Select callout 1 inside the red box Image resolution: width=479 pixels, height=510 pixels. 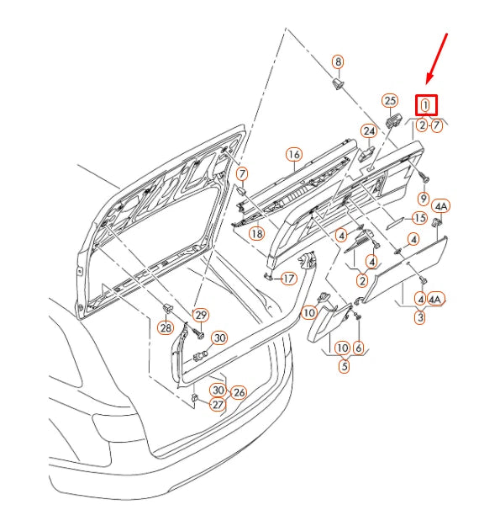click(426, 105)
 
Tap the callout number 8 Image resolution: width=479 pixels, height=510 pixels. click(338, 61)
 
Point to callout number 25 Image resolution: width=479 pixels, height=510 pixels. click(389, 99)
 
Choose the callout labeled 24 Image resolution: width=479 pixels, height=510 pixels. click(369, 130)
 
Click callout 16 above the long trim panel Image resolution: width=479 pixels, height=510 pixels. click(293, 155)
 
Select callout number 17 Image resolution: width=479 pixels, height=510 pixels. click(288, 279)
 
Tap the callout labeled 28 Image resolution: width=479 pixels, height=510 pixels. click(166, 327)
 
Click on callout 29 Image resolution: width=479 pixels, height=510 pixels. click(201, 315)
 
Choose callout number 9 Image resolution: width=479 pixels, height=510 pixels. click(424, 198)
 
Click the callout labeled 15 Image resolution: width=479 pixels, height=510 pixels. click(419, 218)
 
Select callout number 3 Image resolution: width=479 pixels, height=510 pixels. click(420, 317)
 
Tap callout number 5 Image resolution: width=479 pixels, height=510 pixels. click(345, 365)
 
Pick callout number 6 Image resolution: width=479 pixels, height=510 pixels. click(359, 347)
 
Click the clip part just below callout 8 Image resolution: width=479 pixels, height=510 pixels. click(340, 84)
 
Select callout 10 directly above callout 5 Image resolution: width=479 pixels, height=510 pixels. click(342, 347)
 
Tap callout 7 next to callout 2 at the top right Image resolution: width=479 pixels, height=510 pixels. click(437, 125)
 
